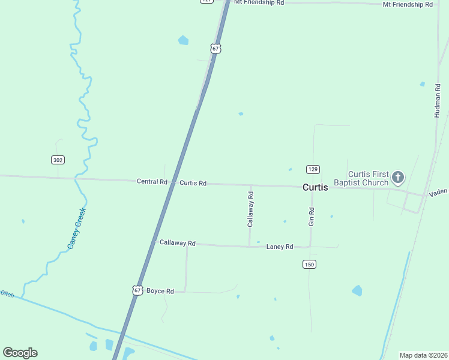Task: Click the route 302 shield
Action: pos(58,160)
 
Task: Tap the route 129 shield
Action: pos(312,169)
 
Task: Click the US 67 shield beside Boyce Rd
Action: pos(137,290)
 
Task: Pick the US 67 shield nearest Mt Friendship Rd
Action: pos(216,48)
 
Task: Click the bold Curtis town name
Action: pos(315,187)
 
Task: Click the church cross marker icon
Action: pos(397,177)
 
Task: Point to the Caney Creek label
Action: pos(77,228)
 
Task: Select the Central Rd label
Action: pos(152,182)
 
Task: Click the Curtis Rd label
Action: pos(193,183)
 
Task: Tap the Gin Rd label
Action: pos(312,217)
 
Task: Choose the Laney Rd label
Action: pos(280,247)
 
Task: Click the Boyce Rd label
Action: pos(160,291)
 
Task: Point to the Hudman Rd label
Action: pos(438,100)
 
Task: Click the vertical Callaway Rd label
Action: pos(251,209)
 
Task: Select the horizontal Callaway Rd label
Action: pos(178,243)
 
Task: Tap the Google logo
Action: pos(20,353)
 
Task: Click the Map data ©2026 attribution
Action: pos(423,355)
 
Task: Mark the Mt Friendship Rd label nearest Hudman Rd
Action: pos(408,4)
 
